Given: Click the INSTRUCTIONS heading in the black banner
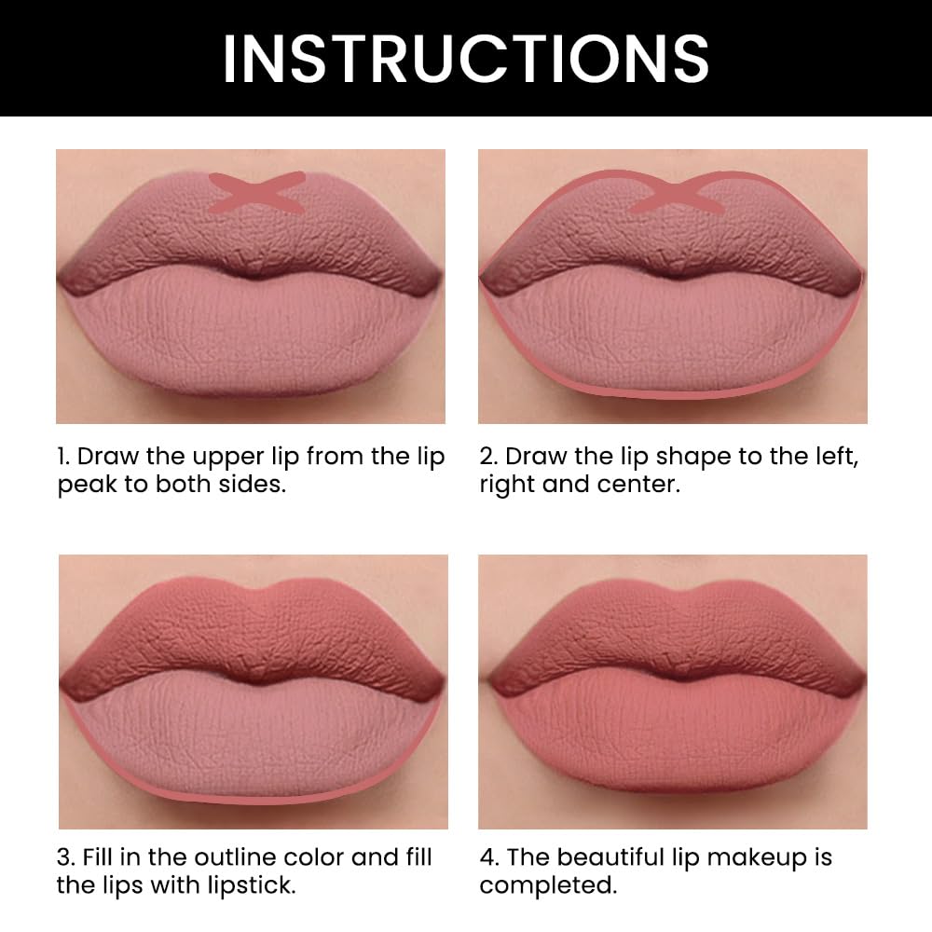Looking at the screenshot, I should coord(465,58).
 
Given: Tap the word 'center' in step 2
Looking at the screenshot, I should coord(638,486).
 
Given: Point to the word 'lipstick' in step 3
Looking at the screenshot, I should coord(251,885).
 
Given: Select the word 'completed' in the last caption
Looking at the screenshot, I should coord(547,885).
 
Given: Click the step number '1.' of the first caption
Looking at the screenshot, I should coord(63,457).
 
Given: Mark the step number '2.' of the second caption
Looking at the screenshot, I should coord(488,457).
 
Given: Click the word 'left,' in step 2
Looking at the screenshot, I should coord(834,457).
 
